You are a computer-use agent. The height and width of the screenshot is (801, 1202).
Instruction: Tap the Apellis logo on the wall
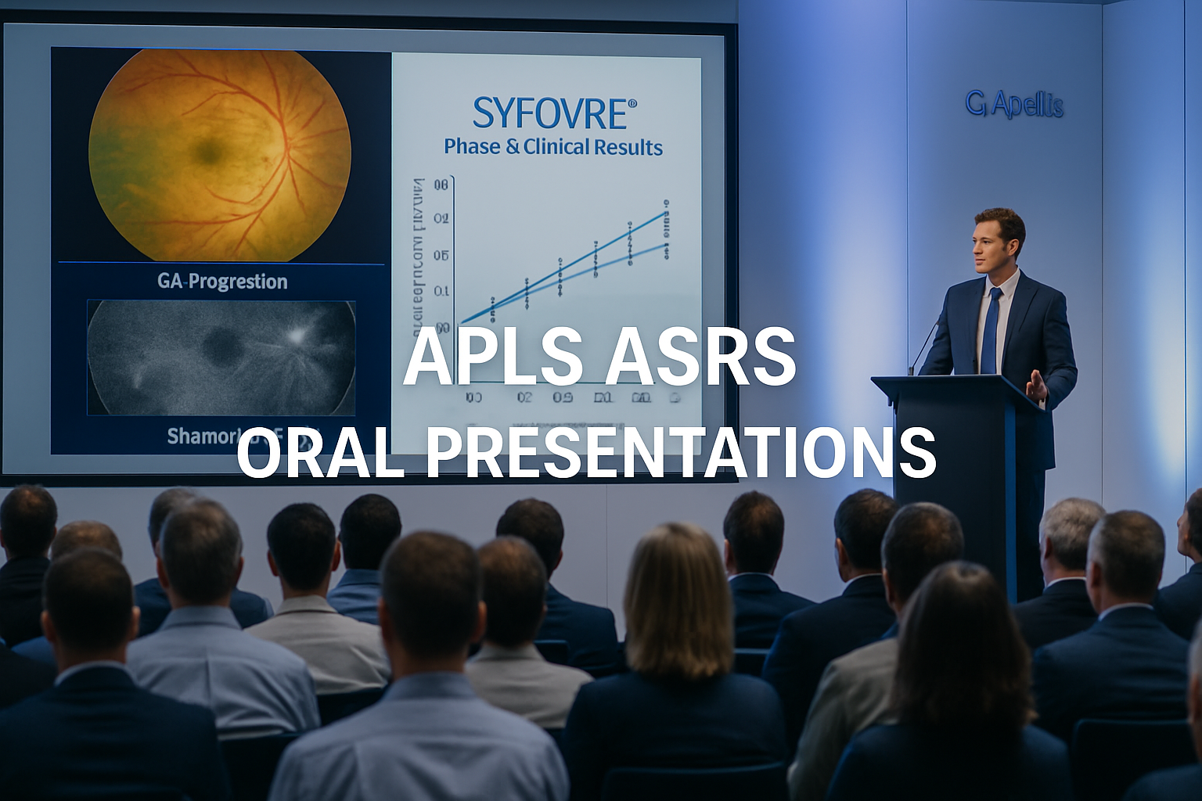coord(1014,104)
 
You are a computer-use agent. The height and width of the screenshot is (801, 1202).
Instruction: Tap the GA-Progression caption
coord(222,282)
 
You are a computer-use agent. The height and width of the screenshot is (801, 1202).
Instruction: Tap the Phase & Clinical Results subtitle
coord(553,147)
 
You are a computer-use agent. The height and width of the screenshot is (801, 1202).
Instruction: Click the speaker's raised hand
coord(1036,384)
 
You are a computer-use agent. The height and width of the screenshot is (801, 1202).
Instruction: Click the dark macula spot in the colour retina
coord(208,151)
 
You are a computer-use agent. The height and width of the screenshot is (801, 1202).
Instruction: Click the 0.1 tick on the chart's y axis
coord(441,292)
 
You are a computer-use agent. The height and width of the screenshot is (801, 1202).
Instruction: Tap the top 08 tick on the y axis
coord(440,185)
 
